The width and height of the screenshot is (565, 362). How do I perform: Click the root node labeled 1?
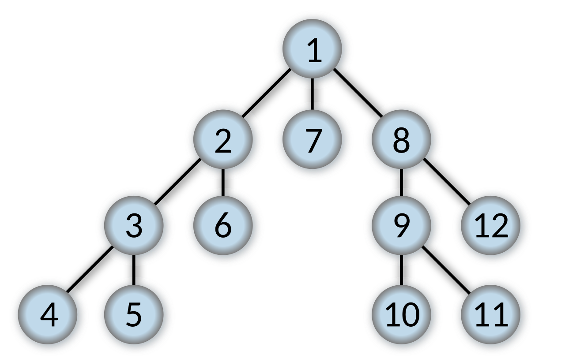[x=313, y=50]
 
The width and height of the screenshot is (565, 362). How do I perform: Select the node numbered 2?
[x=223, y=141]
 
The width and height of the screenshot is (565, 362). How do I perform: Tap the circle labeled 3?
[x=135, y=227]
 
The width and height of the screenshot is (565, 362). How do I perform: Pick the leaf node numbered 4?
[x=49, y=316]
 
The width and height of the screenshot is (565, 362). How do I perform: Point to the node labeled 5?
[x=135, y=316]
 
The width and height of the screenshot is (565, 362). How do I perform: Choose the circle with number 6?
[x=223, y=227]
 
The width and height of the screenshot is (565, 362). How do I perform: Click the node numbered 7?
[x=313, y=141]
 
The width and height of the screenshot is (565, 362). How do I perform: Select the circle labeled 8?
[x=402, y=141]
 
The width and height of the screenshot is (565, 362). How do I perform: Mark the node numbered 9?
[x=402, y=227]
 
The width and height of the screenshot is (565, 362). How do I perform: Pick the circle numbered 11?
[x=491, y=316]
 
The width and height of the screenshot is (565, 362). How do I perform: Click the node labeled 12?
[x=491, y=227]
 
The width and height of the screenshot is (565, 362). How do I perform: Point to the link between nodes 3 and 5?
[x=134, y=270]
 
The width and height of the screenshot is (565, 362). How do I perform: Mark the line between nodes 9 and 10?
[x=401, y=270]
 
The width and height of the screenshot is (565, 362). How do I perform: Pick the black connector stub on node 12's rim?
[x=466, y=202]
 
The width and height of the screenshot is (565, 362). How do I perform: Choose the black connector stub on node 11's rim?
[x=466, y=291]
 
